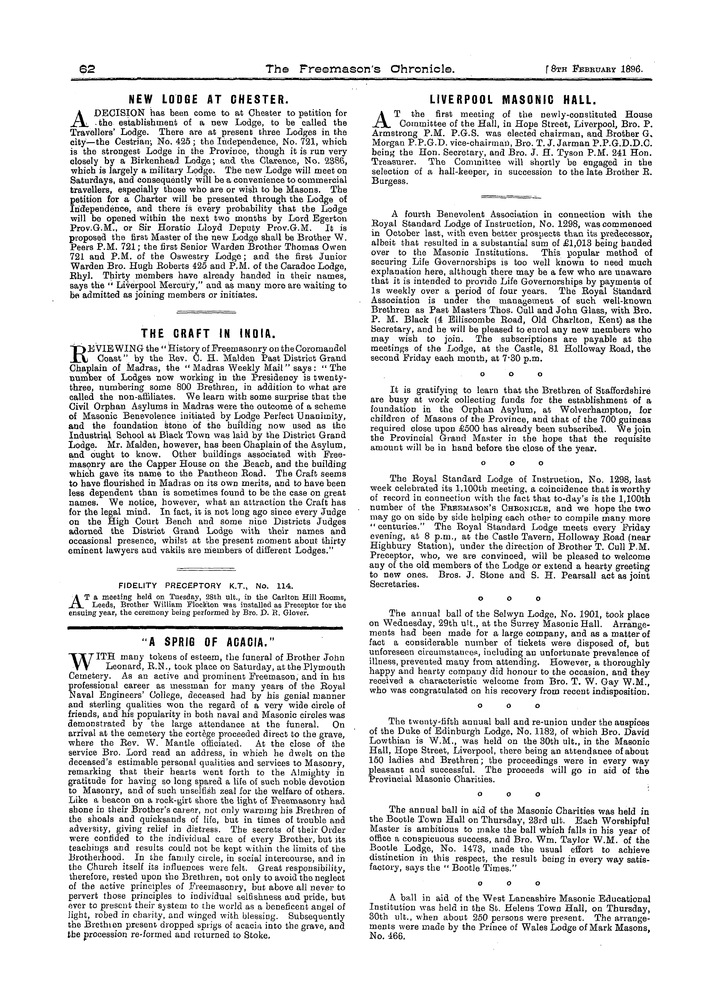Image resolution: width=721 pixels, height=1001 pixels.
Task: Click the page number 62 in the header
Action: coord(83,69)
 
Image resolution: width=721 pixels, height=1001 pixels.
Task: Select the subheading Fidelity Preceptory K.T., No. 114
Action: coord(206,586)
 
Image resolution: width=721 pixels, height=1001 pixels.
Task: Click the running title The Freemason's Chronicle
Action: coord(360,69)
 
